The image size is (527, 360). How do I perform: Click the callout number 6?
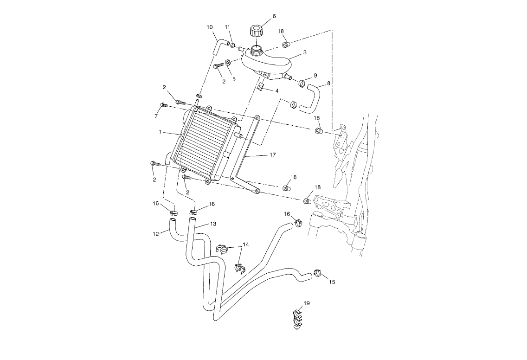[x=274, y=16]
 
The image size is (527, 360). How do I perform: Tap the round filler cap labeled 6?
[x=256, y=32]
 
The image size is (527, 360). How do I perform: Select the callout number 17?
[x=272, y=155]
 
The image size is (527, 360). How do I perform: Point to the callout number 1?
[x=160, y=132]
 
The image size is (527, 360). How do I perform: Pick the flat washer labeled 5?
[x=229, y=62]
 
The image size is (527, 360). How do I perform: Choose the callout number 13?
[x=213, y=224]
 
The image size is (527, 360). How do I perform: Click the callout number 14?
[x=245, y=244]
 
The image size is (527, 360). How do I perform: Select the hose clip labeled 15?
[x=318, y=272]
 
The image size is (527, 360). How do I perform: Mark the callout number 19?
[x=306, y=303]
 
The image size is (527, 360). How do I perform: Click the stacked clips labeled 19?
[x=297, y=320]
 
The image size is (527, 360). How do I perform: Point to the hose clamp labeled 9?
[x=302, y=84]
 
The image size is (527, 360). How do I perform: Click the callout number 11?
[x=228, y=26]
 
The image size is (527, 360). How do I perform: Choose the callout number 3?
[x=305, y=52]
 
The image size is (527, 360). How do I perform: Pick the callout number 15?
[x=332, y=282]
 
